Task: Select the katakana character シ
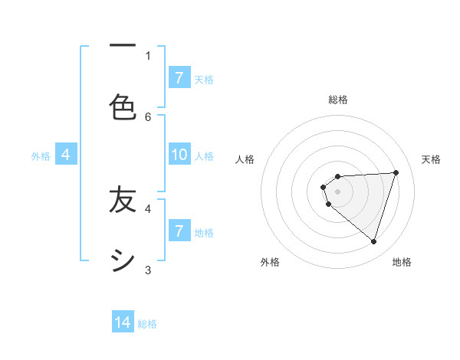pyautogui.click(x=123, y=261)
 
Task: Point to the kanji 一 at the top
pyautogui.click(x=123, y=46)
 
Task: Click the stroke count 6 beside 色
pyautogui.click(x=148, y=116)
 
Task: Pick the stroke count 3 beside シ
pyautogui.click(x=148, y=270)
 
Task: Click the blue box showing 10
pyautogui.click(x=179, y=155)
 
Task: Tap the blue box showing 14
pyautogui.click(x=123, y=322)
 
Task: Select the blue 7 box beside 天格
pyautogui.click(x=179, y=78)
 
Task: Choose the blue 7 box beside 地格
pyautogui.click(x=179, y=231)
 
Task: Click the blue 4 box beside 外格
pyautogui.click(x=66, y=155)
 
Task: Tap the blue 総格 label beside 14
pyautogui.click(x=147, y=324)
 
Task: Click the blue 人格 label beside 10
pyautogui.click(x=204, y=156)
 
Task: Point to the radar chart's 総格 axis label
pyautogui.click(x=338, y=100)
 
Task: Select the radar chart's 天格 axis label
pyautogui.click(x=431, y=159)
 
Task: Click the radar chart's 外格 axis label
pyautogui.click(x=270, y=262)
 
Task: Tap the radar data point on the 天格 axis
pyautogui.click(x=396, y=172)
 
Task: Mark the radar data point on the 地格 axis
pyautogui.click(x=373, y=241)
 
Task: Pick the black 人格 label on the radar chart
pyautogui.click(x=245, y=159)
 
